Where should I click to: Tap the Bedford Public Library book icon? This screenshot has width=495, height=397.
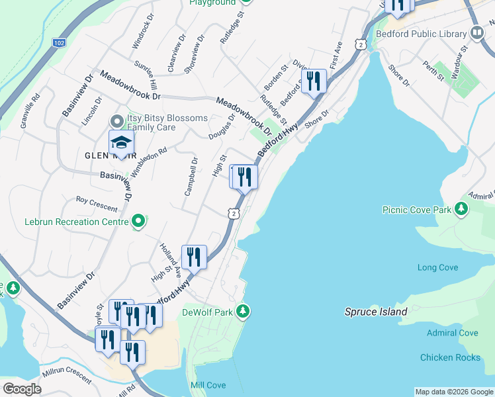click(x=476, y=32)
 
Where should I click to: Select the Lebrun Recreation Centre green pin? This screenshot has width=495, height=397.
click(x=138, y=222)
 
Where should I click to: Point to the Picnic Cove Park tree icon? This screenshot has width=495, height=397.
click(x=461, y=210)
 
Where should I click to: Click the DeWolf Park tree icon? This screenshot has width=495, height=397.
click(x=244, y=310)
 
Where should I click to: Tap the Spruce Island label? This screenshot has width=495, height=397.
click(x=371, y=312)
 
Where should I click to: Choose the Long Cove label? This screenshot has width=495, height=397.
click(x=437, y=267)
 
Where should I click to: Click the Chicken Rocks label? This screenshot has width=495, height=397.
click(x=450, y=357)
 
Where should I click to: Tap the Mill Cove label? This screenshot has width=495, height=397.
click(x=208, y=385)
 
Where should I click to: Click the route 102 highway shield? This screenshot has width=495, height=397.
click(x=60, y=42)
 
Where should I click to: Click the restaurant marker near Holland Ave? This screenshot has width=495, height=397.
click(x=194, y=257)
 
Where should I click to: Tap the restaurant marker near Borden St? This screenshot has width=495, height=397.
click(x=314, y=81)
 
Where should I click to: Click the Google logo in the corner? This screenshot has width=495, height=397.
click(x=22, y=389)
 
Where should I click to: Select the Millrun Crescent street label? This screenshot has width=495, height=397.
click(x=66, y=375)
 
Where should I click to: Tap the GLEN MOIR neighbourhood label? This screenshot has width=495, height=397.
click(x=105, y=156)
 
